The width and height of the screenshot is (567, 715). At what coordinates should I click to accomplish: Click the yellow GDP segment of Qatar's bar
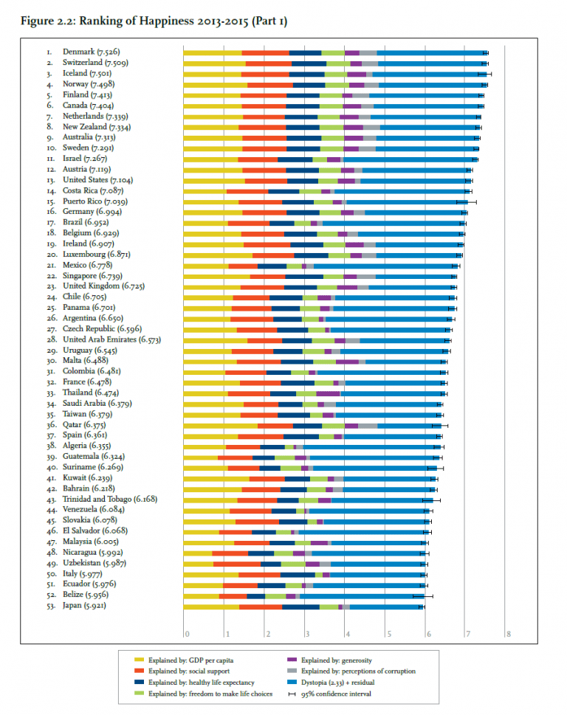click(x=220, y=426)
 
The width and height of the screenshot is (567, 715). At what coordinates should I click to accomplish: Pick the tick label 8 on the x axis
click(x=508, y=632)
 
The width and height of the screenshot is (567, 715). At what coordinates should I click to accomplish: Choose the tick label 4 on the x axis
click(x=346, y=632)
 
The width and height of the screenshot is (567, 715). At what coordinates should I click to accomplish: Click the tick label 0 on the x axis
click(x=186, y=632)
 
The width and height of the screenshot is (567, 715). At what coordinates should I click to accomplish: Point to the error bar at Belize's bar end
click(x=422, y=596)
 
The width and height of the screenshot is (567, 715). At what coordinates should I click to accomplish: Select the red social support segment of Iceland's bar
click(x=265, y=74)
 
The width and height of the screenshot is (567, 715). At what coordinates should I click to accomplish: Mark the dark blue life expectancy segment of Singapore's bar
click(x=299, y=277)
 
